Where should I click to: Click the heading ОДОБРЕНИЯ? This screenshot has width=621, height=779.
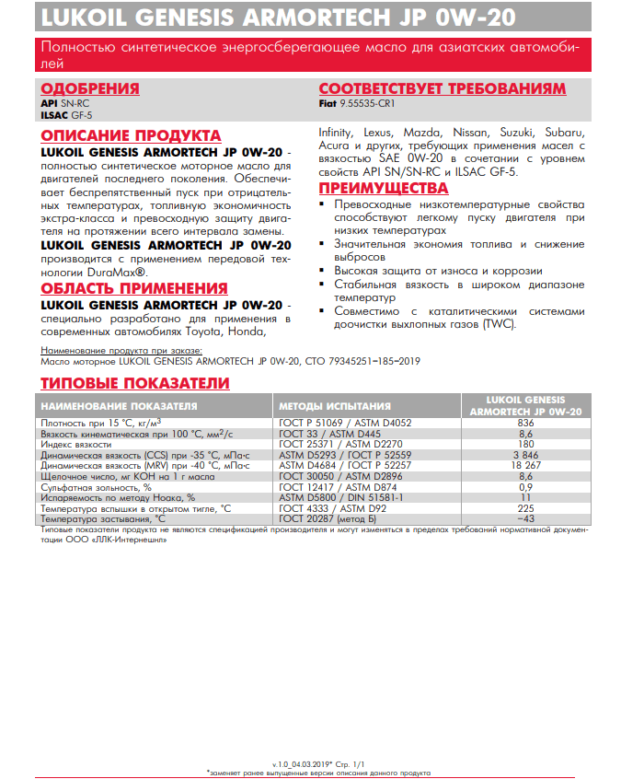pyautogui.click(x=90, y=88)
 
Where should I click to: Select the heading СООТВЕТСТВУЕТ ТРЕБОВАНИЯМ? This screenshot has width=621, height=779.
pyautogui.click(x=442, y=88)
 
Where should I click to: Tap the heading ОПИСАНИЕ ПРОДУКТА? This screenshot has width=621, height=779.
pyautogui.click(x=131, y=135)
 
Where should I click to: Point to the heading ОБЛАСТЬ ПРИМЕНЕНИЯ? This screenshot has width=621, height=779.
pyautogui.click(x=134, y=289)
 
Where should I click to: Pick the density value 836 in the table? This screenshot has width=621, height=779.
pyautogui.click(x=525, y=423)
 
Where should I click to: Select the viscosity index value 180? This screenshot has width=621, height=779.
pyautogui.click(x=525, y=444)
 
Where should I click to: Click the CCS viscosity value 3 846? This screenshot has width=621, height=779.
pyautogui.click(x=525, y=455)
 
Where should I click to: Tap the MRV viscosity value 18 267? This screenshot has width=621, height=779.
pyautogui.click(x=525, y=466)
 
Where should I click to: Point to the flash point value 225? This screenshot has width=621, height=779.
pyautogui.click(x=525, y=508)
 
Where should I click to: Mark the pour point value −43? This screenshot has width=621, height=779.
pyautogui.click(x=525, y=519)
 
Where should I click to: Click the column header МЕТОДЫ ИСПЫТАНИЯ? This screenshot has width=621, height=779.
pyautogui.click(x=334, y=405)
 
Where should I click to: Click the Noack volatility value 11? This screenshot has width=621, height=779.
pyautogui.click(x=525, y=497)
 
